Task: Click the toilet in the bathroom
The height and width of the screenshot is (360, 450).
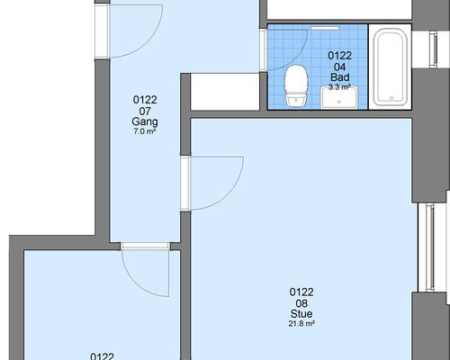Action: click(x=296, y=86)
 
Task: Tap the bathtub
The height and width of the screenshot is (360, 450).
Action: click(x=391, y=67)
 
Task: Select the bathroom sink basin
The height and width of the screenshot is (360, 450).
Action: click(x=339, y=97)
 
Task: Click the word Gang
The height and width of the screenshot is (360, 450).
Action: click(x=145, y=121)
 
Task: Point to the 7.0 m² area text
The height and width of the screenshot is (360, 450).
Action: click(x=145, y=131)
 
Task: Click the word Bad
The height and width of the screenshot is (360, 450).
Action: click(x=340, y=77)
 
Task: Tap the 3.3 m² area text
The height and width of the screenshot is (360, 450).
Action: click(x=339, y=87)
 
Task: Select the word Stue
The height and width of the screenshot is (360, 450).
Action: click(x=301, y=314)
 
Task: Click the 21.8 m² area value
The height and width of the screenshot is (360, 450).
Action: click(x=301, y=324)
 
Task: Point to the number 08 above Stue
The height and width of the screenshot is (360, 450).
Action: click(x=301, y=303)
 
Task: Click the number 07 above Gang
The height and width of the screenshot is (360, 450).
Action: click(x=145, y=112)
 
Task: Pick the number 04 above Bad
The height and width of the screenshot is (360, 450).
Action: click(x=340, y=67)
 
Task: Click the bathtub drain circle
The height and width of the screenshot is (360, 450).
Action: click(x=391, y=98)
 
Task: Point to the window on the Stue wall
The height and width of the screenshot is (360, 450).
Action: click(x=430, y=247)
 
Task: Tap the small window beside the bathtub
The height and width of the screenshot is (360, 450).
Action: click(x=433, y=49)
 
